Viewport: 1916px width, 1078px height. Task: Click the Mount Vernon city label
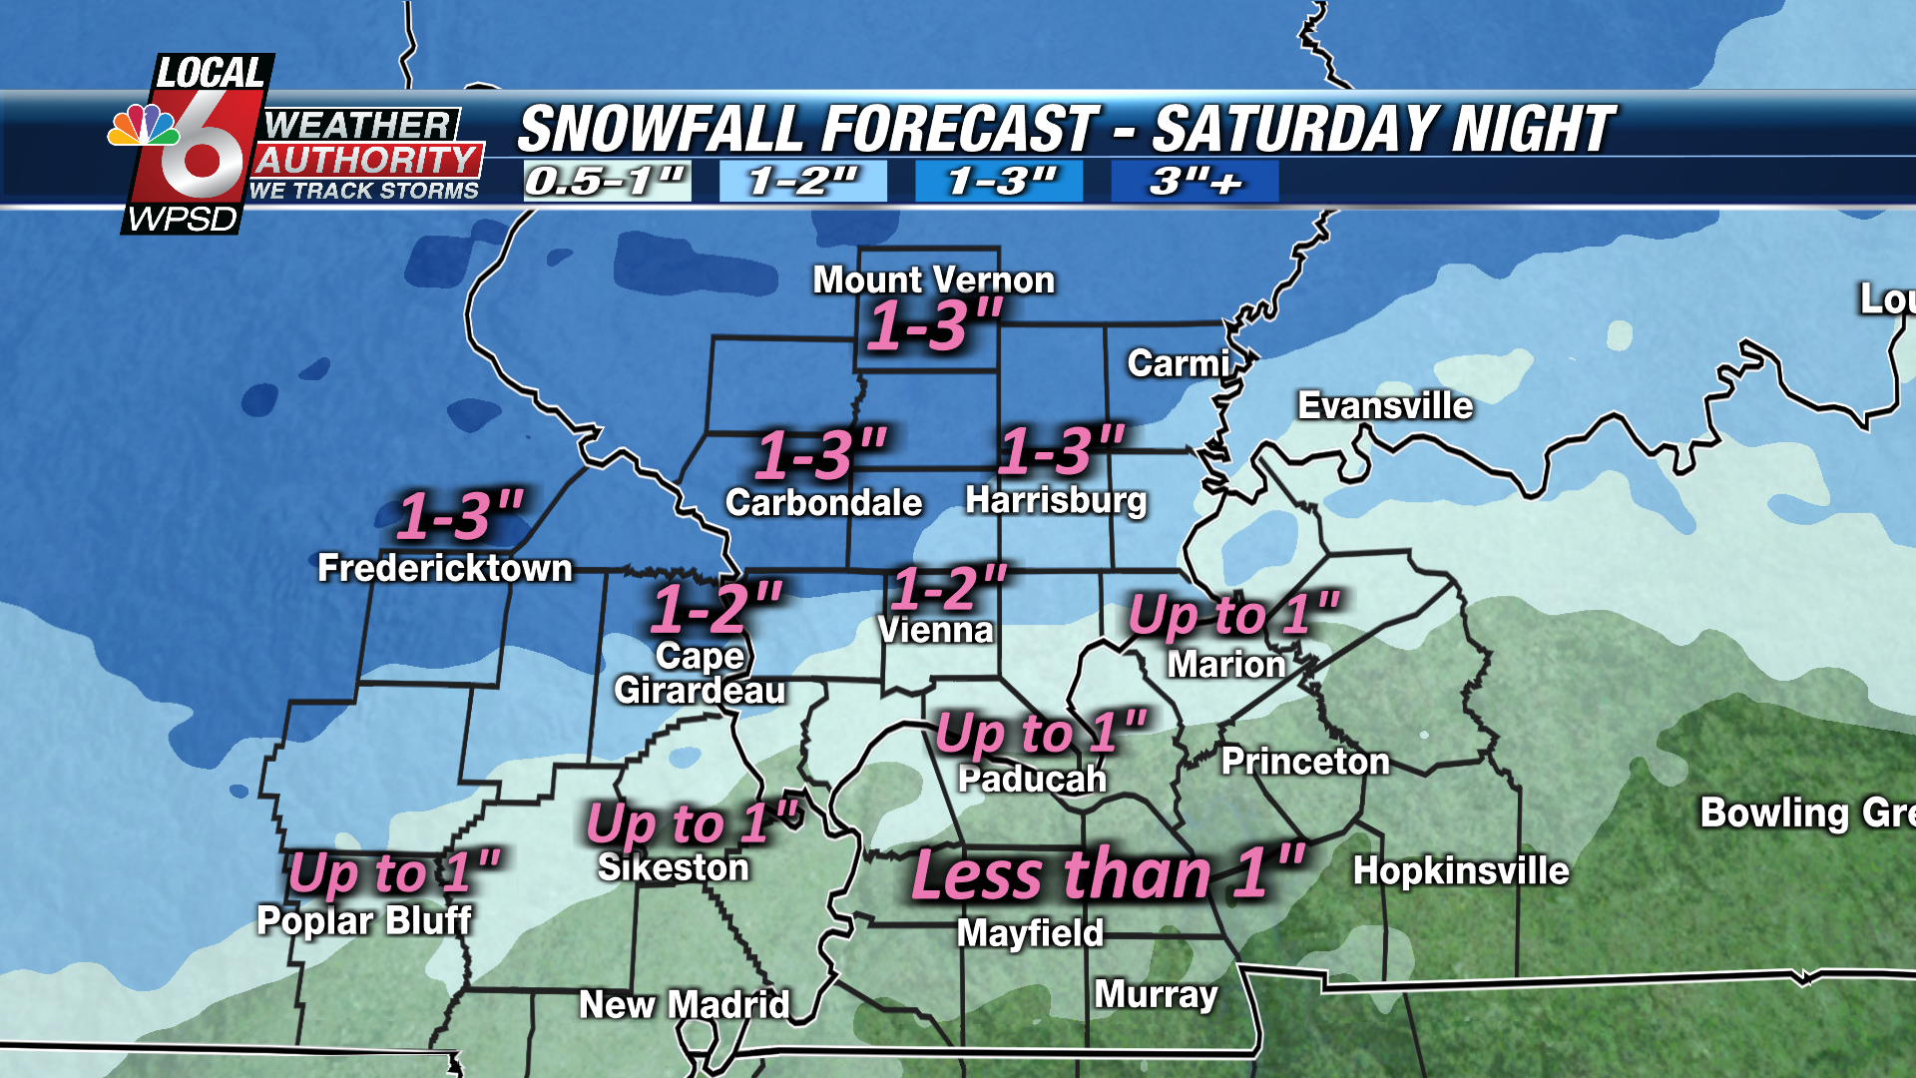(x=933, y=280)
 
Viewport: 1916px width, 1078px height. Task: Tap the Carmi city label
(x=1178, y=364)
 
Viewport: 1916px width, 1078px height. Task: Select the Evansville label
(x=1384, y=406)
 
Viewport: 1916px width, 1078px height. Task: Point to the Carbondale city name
(x=823, y=503)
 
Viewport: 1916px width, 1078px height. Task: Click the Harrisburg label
(x=1056, y=500)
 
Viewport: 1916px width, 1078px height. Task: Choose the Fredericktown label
(x=445, y=569)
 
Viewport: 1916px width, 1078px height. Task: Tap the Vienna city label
(x=935, y=631)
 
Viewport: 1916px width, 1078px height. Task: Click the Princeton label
(x=1305, y=762)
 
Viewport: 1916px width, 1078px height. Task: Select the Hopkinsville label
(x=1461, y=871)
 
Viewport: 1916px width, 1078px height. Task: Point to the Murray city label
(x=1156, y=994)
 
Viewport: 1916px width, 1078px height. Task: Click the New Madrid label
(x=685, y=1004)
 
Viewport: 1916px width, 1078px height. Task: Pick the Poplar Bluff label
(x=364, y=920)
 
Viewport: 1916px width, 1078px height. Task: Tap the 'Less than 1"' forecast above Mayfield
(x=1108, y=874)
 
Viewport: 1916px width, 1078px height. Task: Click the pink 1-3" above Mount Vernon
(x=934, y=326)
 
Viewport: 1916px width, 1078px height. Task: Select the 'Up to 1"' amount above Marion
(x=1233, y=614)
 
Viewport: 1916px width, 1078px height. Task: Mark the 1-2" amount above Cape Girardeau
(x=717, y=608)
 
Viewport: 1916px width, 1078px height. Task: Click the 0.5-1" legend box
(x=607, y=182)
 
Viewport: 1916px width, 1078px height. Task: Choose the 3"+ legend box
(x=1195, y=182)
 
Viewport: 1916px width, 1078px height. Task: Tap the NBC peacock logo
(x=143, y=127)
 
